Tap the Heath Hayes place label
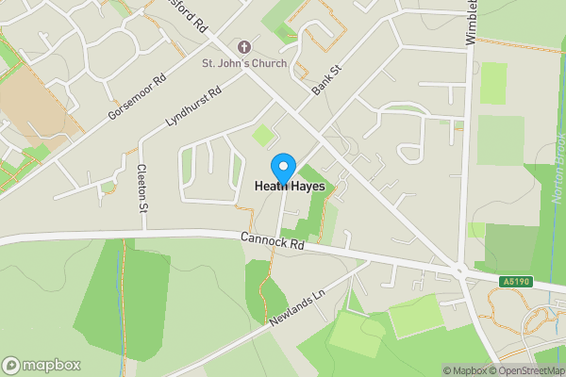click(290, 188)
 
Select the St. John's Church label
click(245, 64)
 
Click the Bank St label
click(326, 81)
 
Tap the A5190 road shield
click(514, 281)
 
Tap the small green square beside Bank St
click(262, 136)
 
